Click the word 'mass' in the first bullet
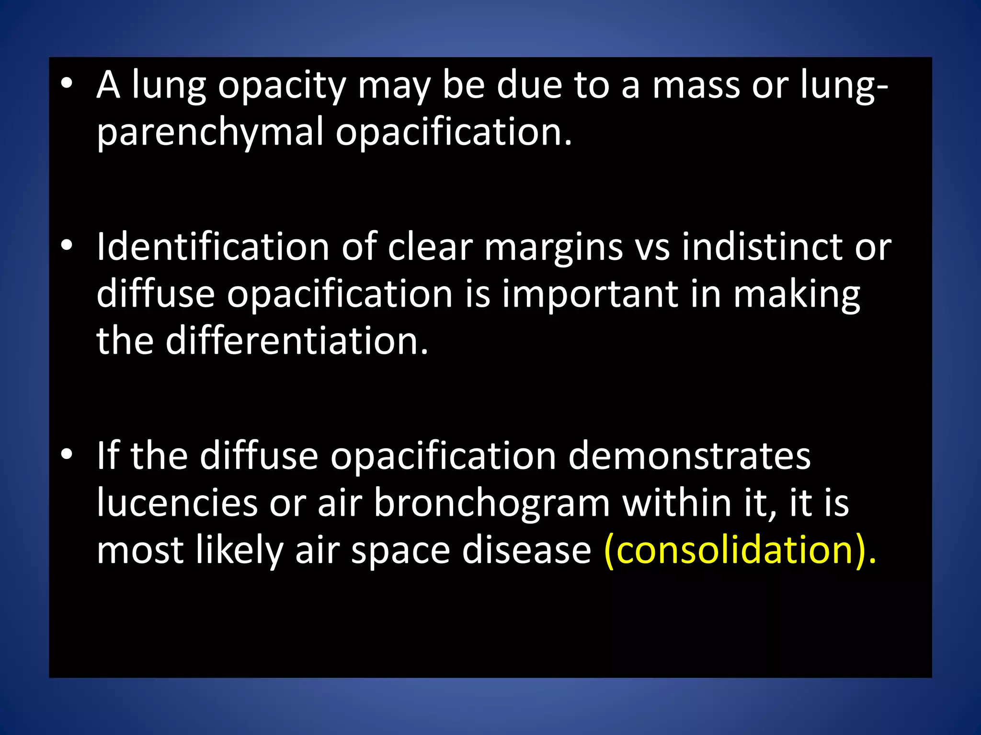pos(696,86)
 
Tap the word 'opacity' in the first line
pos(282,86)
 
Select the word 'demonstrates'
pos(689,456)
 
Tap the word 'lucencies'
pos(177,503)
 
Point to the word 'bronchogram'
pos(491,503)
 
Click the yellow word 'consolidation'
pos(735,550)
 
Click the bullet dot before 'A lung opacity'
pos(67,84)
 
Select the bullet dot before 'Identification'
pos(67,246)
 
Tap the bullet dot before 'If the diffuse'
pos(67,454)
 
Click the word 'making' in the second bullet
pos(796,296)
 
